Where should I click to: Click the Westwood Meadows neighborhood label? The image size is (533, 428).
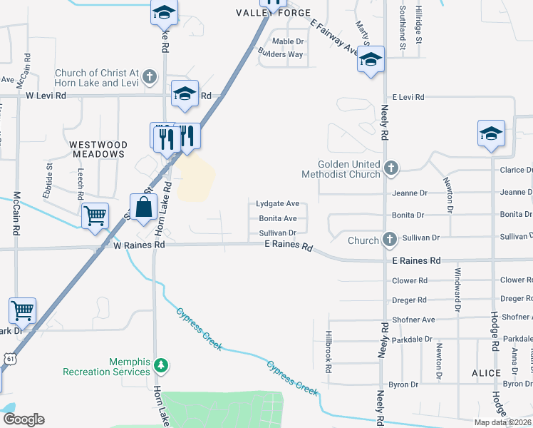(98, 149)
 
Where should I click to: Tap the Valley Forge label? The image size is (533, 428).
(274, 13)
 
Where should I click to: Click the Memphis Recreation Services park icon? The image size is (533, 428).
(162, 366)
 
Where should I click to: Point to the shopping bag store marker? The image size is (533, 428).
(143, 208)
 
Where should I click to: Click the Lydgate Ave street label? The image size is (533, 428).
(277, 204)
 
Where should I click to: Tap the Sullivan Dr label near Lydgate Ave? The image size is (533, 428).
(277, 233)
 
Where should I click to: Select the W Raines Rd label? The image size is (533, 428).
(140, 245)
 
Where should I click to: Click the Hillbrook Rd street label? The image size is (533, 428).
(328, 352)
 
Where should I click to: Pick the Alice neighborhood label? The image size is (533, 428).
(487, 373)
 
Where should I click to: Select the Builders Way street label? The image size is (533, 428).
(281, 54)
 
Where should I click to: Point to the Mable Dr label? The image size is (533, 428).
(288, 41)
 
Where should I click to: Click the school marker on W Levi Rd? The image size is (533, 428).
(185, 93)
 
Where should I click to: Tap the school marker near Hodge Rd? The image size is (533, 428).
(491, 133)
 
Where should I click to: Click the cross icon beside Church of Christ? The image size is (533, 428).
(149, 76)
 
